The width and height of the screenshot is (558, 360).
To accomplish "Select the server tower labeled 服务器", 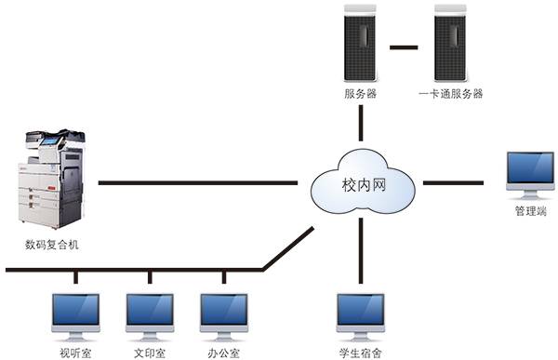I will coord(360,44).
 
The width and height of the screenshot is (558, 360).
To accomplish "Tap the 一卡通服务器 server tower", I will coord(451,44).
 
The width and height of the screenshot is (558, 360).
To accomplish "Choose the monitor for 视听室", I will coord(76,315).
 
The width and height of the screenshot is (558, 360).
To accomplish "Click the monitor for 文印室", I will coord(150,315).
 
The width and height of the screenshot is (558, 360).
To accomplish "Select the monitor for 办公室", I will coord(224,315).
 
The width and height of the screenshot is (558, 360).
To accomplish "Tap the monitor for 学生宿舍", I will coord(360,315).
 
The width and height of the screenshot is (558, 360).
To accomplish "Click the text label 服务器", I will coord(360,94).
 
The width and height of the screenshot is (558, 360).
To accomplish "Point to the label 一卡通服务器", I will coord(451,94).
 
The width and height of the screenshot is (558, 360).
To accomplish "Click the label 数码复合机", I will coord(53,246).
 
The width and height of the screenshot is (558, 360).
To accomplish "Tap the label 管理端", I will coord(531,212).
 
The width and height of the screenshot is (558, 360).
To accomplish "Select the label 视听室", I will coord(76,353).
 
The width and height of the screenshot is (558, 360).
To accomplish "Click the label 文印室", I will coord(150,353).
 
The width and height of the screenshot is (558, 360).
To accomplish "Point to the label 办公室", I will coord(224,353).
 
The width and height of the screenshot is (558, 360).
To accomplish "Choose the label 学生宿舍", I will coord(361,353).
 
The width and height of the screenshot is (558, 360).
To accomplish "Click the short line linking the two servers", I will coord(405,44).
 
